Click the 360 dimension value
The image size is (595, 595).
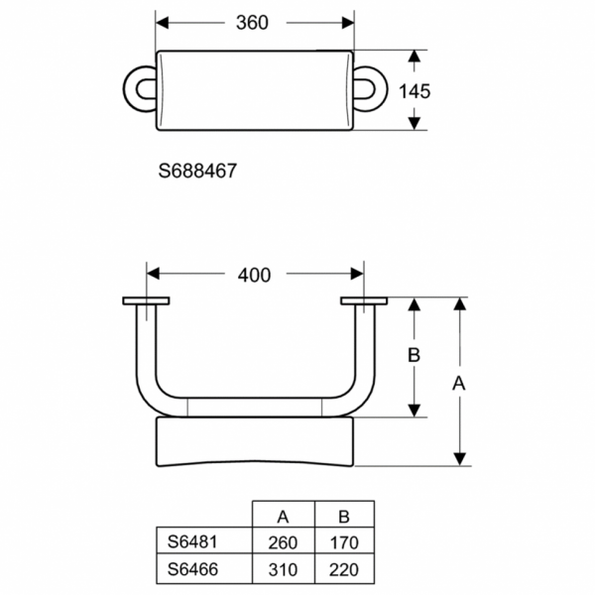point(253,22)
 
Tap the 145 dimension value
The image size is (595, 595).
point(415,90)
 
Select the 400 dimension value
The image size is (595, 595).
point(254,275)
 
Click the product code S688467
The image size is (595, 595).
point(197,171)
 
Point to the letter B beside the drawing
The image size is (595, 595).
point(416,354)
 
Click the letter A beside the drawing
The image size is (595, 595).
point(459,382)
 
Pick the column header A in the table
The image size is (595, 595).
point(283,516)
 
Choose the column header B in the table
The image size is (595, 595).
point(344,516)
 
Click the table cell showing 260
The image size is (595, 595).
point(283,542)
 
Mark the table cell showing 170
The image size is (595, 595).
point(344,542)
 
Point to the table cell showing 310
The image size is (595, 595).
point(283,569)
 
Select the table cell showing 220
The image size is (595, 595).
point(344,569)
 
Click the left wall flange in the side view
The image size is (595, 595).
point(146,300)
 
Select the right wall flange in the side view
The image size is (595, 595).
point(363,300)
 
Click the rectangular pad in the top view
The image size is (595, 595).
point(255,88)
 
